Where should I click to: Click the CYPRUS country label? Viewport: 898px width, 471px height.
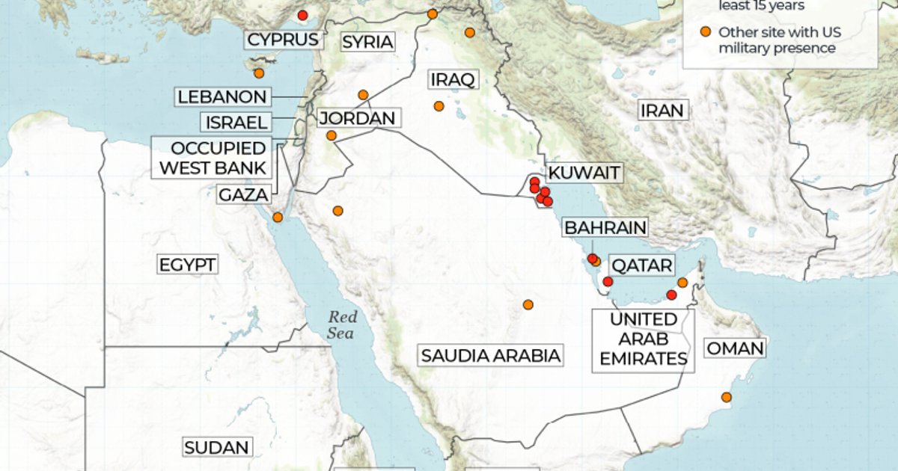point(284,40)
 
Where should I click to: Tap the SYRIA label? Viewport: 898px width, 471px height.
point(367,42)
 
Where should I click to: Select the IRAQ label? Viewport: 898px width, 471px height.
point(453,79)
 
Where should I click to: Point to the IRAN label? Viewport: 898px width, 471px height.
point(662,111)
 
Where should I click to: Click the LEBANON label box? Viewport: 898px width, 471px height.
point(222,96)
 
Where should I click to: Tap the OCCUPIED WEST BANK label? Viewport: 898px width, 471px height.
point(213,158)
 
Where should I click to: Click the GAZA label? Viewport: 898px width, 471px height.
point(243,195)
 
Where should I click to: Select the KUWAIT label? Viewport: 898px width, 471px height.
point(584,173)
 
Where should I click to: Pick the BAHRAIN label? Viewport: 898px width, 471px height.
point(605,227)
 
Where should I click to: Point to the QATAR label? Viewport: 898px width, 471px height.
point(641,265)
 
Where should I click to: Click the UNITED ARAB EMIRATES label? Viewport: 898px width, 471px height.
point(644,339)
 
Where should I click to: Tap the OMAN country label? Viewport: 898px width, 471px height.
point(735,348)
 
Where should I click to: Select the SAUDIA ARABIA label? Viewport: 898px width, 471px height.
point(490,355)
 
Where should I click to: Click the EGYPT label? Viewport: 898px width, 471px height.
point(187,265)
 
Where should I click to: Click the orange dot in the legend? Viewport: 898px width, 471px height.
point(705,32)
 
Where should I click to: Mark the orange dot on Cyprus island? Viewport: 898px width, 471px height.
point(259,73)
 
